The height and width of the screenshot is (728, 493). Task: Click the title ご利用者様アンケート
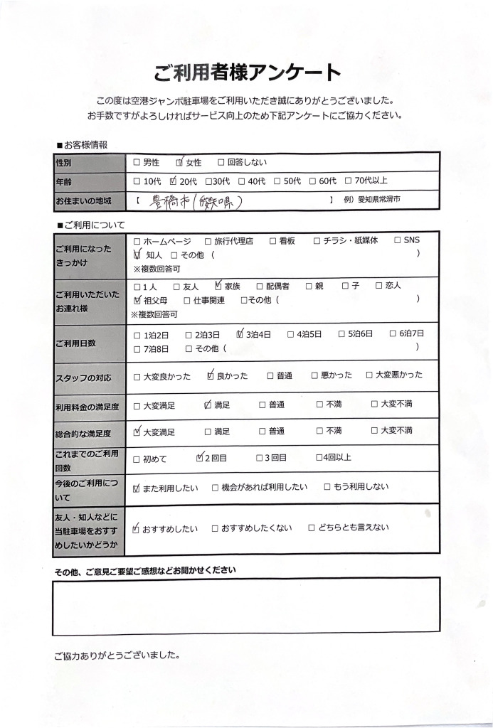click(247, 73)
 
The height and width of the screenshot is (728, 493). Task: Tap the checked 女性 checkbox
click(179, 163)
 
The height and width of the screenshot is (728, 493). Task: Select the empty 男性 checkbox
click(137, 163)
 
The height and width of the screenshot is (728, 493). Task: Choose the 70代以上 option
click(348, 181)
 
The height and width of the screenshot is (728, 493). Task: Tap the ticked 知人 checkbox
click(137, 254)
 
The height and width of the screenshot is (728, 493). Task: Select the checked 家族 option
click(218, 286)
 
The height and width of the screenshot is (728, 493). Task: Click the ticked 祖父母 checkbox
click(137, 300)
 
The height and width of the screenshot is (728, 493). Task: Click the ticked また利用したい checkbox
click(137, 488)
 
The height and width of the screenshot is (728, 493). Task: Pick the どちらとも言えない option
click(312, 528)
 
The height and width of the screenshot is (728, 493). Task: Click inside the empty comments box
click(245, 606)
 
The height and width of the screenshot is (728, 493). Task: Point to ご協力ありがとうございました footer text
click(115, 655)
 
